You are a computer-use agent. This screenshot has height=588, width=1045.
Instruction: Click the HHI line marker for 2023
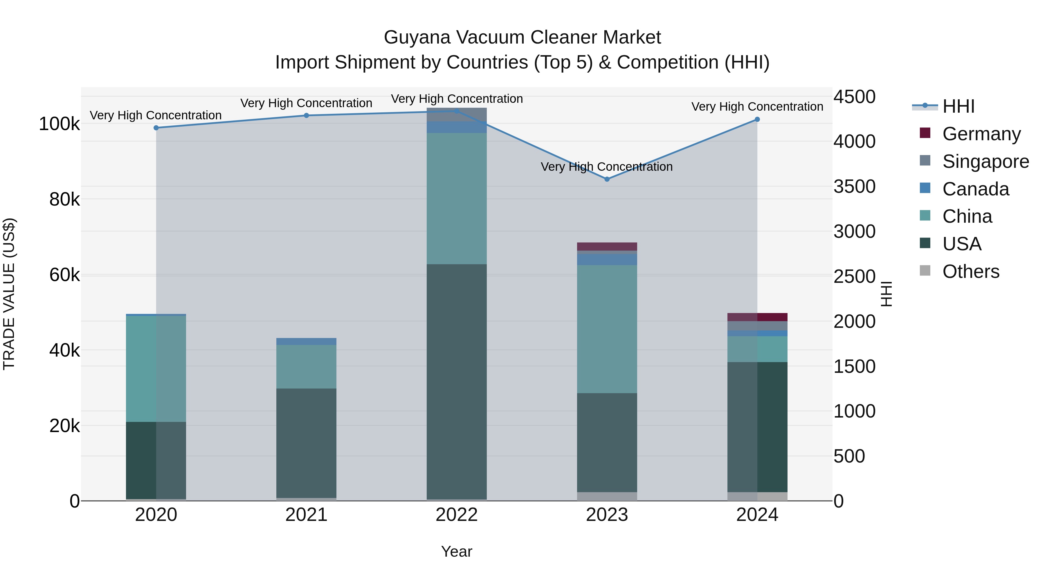click(607, 179)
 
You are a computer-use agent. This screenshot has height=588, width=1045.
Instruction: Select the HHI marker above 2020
click(156, 128)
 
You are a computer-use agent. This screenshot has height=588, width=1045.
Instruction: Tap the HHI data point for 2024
click(757, 119)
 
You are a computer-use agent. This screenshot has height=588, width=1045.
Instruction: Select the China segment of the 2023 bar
click(607, 329)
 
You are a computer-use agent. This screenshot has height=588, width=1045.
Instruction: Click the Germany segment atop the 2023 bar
click(607, 246)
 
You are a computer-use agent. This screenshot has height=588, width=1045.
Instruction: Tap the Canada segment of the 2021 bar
click(306, 341)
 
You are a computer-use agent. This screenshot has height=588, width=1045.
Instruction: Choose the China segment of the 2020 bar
click(156, 368)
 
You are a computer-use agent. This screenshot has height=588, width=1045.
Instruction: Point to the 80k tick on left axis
click(64, 199)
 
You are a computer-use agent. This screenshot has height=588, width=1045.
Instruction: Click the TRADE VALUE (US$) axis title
click(9, 294)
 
